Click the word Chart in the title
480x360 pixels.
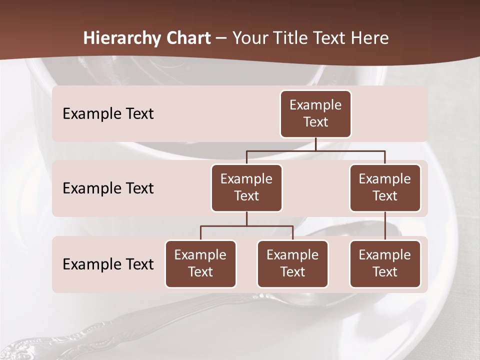coord(188,38)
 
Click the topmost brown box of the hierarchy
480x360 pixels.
coord(315,114)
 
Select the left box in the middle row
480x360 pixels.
coord(246,188)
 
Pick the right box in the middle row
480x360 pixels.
coord(385,188)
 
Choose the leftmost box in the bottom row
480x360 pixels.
coord(200,264)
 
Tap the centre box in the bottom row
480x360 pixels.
coord(292,264)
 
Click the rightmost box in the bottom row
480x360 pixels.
coord(385,264)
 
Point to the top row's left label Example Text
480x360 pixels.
coord(108,114)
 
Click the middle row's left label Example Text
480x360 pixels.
coord(108,188)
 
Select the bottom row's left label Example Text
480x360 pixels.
coord(108,264)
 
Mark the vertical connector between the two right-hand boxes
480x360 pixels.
coord(385,226)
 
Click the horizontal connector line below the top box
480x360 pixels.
coord(315,150)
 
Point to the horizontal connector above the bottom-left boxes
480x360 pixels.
coord(246,226)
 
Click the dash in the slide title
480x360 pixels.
coord(221,38)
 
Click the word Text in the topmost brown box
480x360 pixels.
coord(315,122)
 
